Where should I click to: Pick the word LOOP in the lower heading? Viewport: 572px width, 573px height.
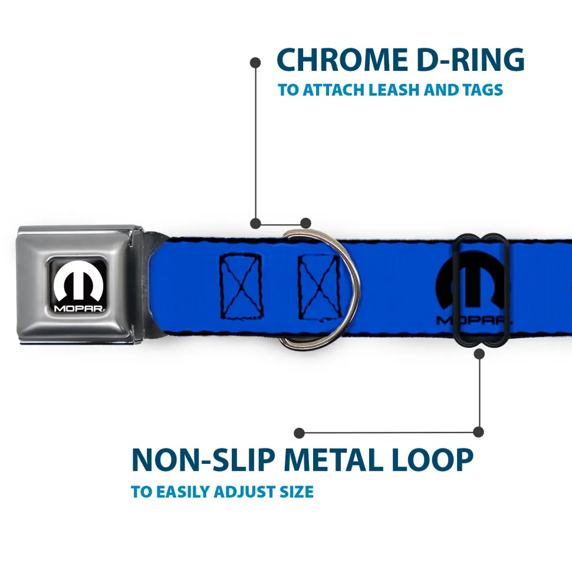(x=437, y=460)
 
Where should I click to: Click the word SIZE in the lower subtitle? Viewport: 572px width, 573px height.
(x=297, y=492)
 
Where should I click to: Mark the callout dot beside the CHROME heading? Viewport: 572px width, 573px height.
(x=255, y=61)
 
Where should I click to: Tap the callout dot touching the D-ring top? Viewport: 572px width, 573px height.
(x=305, y=223)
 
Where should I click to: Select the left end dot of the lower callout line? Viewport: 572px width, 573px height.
(x=300, y=433)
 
